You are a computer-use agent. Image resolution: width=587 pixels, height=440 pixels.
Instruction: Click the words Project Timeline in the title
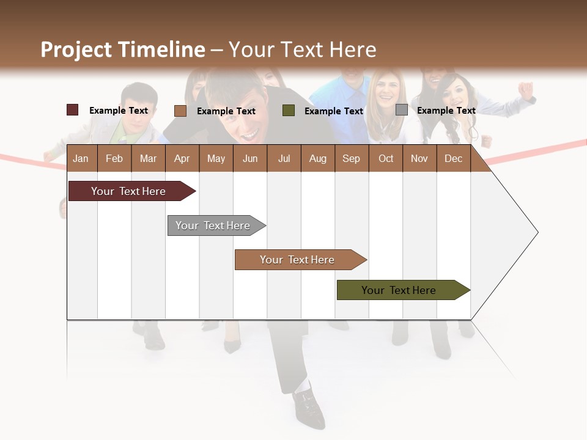click(x=122, y=50)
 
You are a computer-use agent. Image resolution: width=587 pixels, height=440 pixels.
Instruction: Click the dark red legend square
click(x=72, y=110)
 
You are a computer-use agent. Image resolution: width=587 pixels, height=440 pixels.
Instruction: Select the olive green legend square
click(x=289, y=110)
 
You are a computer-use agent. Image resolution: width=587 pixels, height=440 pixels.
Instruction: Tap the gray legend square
click(x=401, y=109)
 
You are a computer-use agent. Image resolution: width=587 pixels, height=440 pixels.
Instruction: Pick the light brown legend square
click(x=180, y=111)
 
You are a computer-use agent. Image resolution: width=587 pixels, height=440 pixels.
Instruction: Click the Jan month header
click(x=81, y=158)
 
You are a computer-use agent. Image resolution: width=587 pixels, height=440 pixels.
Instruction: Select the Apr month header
click(x=182, y=158)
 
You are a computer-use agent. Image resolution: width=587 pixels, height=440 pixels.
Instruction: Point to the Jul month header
click(x=284, y=158)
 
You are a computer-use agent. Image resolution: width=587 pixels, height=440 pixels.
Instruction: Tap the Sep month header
click(x=351, y=158)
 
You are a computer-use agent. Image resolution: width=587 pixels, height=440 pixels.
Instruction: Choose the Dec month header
click(x=453, y=158)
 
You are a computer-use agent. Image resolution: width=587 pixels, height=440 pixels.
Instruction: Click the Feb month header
click(x=114, y=158)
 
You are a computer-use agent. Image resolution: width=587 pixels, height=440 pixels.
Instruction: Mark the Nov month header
click(x=419, y=158)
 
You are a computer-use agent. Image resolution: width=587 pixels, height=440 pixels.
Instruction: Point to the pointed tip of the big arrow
click(x=537, y=232)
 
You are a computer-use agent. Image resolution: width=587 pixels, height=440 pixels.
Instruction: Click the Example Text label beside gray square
click(x=446, y=110)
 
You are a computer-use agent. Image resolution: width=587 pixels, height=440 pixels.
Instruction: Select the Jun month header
click(x=249, y=158)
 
